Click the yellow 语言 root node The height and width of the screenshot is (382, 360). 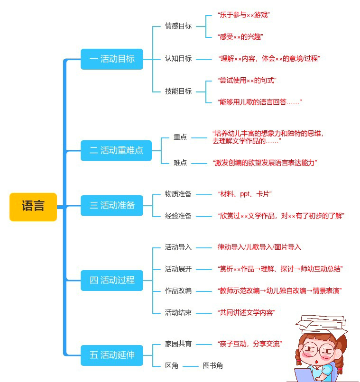[33, 207]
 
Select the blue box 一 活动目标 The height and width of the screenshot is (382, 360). [112, 59]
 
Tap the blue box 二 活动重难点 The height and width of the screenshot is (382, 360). [116, 151]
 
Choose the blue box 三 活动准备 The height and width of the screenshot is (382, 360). [112, 205]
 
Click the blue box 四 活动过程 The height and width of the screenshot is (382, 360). [112, 281]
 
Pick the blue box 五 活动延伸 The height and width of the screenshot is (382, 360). [112, 355]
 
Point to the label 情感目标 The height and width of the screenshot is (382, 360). [178, 26]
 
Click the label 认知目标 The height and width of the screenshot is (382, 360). [178, 58]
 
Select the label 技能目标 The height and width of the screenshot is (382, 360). [178, 91]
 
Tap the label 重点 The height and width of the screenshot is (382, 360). [180, 137]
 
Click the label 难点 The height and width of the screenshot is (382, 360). [180, 163]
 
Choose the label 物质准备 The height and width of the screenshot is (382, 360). [178, 194]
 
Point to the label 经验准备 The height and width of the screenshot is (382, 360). [178, 216]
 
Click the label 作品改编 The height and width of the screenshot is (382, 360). [178, 291]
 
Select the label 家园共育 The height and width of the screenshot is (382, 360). [178, 344]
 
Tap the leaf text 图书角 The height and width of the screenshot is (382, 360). [213, 366]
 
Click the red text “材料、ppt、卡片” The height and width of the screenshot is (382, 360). [245, 194]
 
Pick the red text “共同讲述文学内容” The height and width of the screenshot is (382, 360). [247, 313]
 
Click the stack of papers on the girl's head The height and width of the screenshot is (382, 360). [321, 324]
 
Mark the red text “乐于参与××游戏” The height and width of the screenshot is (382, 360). [244, 15]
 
